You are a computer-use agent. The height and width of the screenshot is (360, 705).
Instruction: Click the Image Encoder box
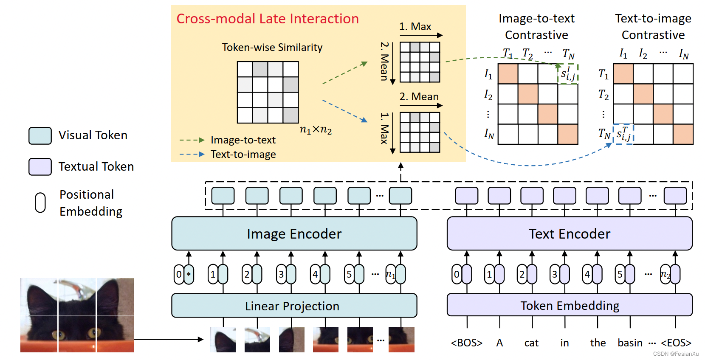pos(294,233)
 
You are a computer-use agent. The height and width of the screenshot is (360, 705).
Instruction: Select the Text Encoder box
pos(570,233)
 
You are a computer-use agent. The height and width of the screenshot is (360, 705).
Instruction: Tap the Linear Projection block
pos(294,306)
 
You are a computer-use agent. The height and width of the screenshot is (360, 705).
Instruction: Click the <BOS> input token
pos(466,342)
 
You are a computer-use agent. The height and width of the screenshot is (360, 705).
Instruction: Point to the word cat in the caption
pos(531,343)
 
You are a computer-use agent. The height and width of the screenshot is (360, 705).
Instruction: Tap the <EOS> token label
pos(676,342)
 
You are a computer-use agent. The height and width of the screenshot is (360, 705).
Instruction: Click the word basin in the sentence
pos(630,342)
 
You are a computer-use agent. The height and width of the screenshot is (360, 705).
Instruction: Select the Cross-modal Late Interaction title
pos(268,19)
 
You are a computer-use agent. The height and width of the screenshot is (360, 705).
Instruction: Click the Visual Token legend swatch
pos(40,135)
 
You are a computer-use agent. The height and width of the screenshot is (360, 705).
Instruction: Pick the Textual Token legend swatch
pos(40,166)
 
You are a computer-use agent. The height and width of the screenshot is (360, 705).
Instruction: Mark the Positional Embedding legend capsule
pos(40,202)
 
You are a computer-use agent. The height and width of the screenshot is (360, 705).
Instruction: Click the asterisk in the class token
pos(189,274)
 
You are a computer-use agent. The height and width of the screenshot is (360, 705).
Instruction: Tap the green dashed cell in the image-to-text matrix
pos(568,73)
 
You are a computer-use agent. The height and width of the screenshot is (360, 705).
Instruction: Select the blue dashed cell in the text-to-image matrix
pos(623,135)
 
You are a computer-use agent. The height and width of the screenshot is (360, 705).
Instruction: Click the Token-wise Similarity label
pos(272,47)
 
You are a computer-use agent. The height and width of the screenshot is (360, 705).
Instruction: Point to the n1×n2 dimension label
pos(316,129)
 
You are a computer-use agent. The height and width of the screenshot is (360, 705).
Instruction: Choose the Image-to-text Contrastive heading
pos(537,26)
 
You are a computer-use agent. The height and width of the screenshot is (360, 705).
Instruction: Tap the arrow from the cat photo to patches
pos(169,339)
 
